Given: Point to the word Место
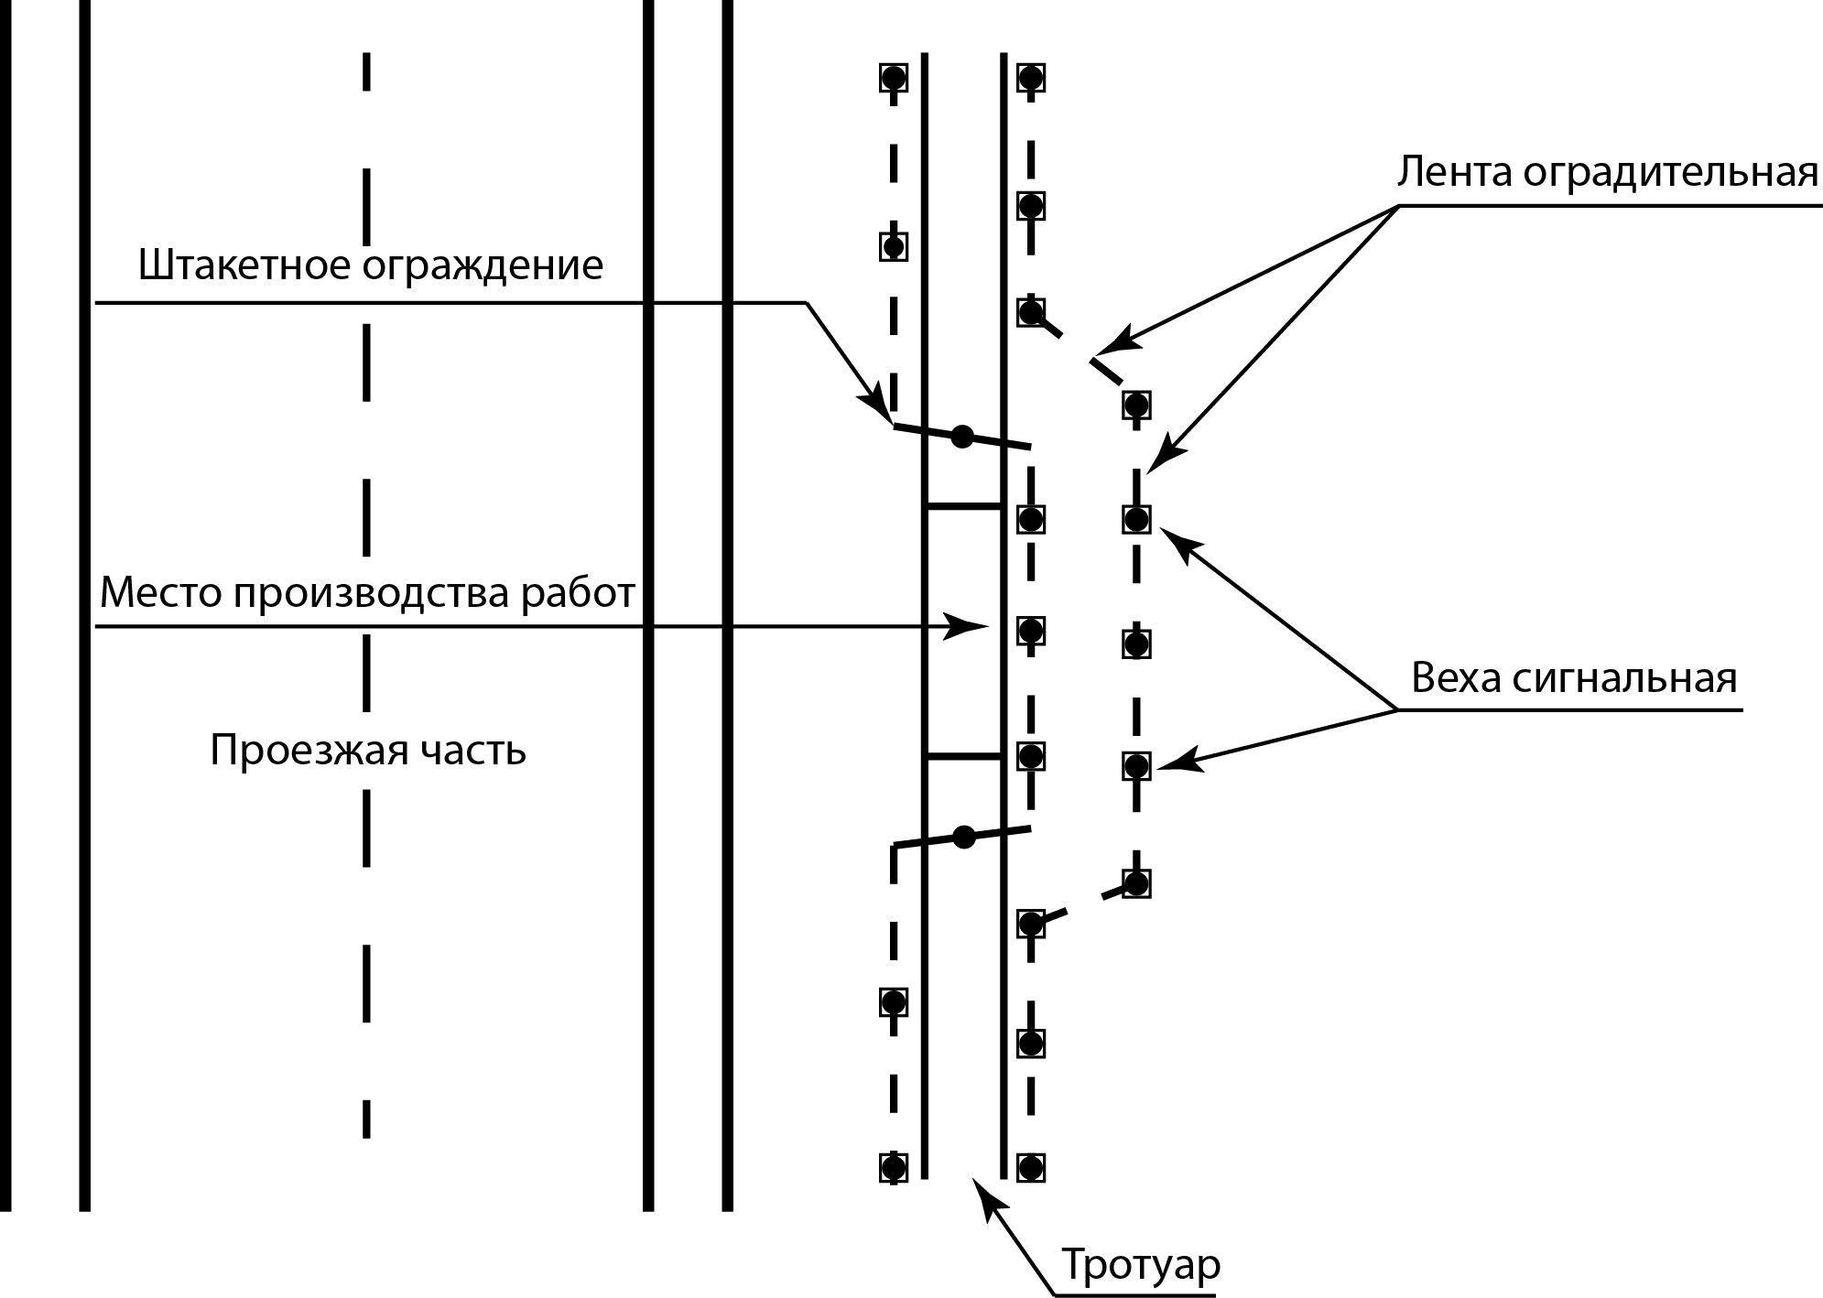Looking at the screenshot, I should [160, 593].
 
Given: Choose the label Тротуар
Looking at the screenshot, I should [1141, 1265].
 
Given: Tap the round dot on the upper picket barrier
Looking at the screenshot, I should [961, 437].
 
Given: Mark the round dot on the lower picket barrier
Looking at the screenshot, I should [963, 837].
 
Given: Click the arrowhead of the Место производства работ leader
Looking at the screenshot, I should [971, 627].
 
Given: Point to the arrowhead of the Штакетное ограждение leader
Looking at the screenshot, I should [876, 407].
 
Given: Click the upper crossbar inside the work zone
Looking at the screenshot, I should [963, 505].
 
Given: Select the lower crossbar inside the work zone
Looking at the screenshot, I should [963, 756].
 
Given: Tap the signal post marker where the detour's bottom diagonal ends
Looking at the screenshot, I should [1136, 883].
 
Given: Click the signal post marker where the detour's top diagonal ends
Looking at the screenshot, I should [1136, 405].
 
